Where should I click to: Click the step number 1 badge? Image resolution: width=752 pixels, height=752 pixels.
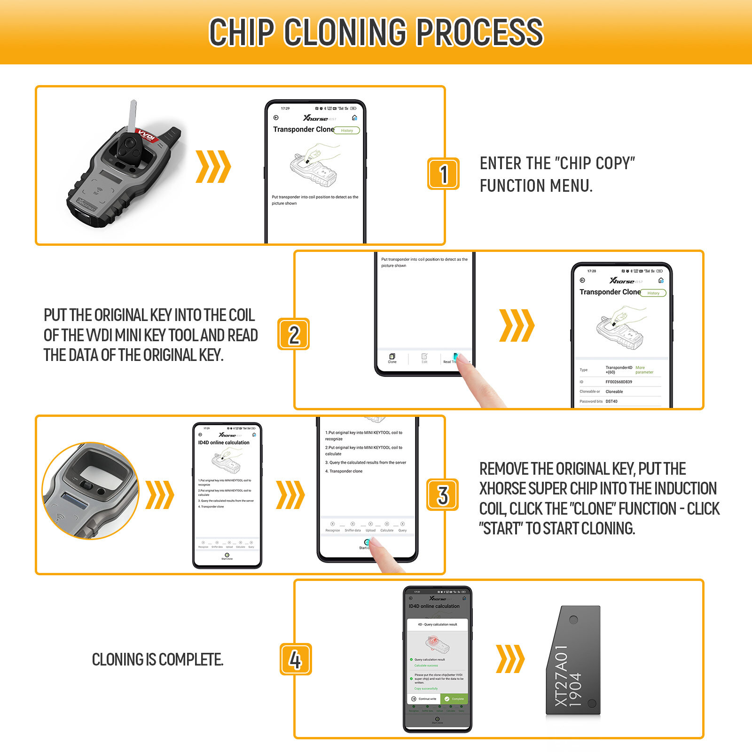[x=443, y=174]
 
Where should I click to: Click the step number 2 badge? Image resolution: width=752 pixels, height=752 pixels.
[x=294, y=334]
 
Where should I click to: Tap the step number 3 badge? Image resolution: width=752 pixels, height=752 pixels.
[x=442, y=495]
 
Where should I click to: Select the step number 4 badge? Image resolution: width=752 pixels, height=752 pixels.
[x=296, y=659]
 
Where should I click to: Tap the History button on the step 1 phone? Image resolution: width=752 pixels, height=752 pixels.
[x=347, y=131]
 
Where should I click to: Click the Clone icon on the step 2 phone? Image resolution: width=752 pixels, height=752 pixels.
[x=392, y=358]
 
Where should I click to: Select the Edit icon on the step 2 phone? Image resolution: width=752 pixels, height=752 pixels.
[x=424, y=358]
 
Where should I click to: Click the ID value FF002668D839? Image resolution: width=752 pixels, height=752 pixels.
[x=619, y=382]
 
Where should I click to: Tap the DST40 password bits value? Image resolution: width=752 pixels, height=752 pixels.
[x=611, y=401]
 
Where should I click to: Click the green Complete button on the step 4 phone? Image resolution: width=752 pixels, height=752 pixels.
[x=454, y=699]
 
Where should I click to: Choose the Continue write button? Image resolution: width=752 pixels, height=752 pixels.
[x=424, y=699]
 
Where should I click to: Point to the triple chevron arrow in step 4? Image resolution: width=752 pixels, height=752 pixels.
[x=510, y=659]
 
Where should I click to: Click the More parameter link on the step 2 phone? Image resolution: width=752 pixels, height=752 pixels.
[x=644, y=370]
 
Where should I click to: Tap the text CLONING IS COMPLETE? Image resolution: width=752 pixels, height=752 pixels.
[x=157, y=659]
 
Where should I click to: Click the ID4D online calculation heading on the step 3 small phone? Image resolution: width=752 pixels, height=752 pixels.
[x=224, y=443]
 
